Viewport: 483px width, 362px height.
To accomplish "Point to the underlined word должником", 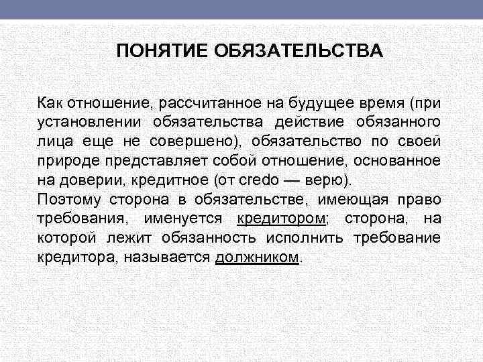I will tap(257, 258).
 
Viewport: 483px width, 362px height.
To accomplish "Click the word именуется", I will tap(190, 219).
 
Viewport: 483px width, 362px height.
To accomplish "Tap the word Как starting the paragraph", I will tap(50, 103).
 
